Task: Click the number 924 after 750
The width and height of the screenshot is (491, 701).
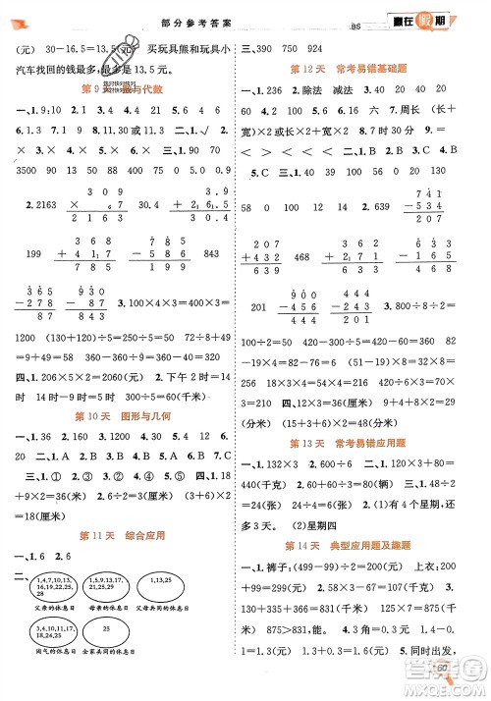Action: point(316,47)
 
